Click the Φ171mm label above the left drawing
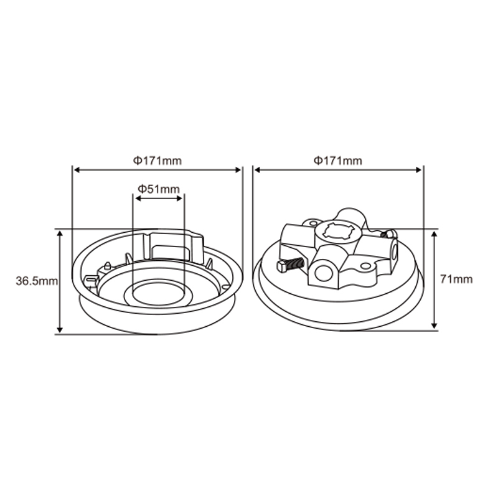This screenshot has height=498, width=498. click(157, 161)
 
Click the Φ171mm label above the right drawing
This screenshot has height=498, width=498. click(337, 161)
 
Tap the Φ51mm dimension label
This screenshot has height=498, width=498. click(159, 189)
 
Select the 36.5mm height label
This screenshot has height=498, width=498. click(37, 281)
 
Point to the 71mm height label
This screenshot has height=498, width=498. click(456, 280)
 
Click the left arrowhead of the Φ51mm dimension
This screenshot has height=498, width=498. click(138, 199)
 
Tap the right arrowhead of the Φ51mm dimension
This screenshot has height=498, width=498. click(180, 199)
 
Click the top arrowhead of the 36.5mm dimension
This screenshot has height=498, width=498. click(60, 233)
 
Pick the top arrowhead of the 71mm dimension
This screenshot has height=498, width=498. click(435, 234)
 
